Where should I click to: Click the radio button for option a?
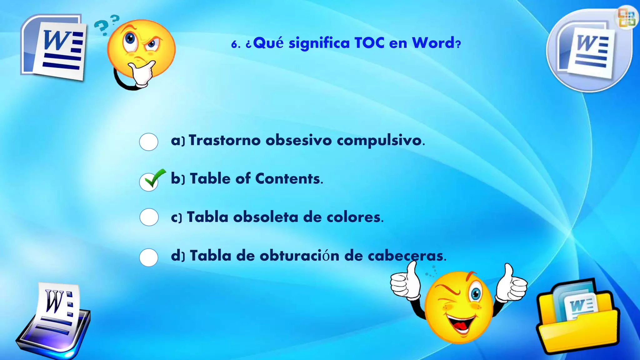point(148,142)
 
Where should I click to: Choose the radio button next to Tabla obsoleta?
point(149,217)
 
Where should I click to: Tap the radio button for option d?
point(148,257)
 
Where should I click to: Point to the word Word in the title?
point(433,43)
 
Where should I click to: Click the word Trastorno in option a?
point(224,140)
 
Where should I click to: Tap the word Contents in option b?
point(287,179)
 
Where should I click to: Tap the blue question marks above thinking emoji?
point(106,24)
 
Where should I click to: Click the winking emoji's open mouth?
point(462,324)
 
